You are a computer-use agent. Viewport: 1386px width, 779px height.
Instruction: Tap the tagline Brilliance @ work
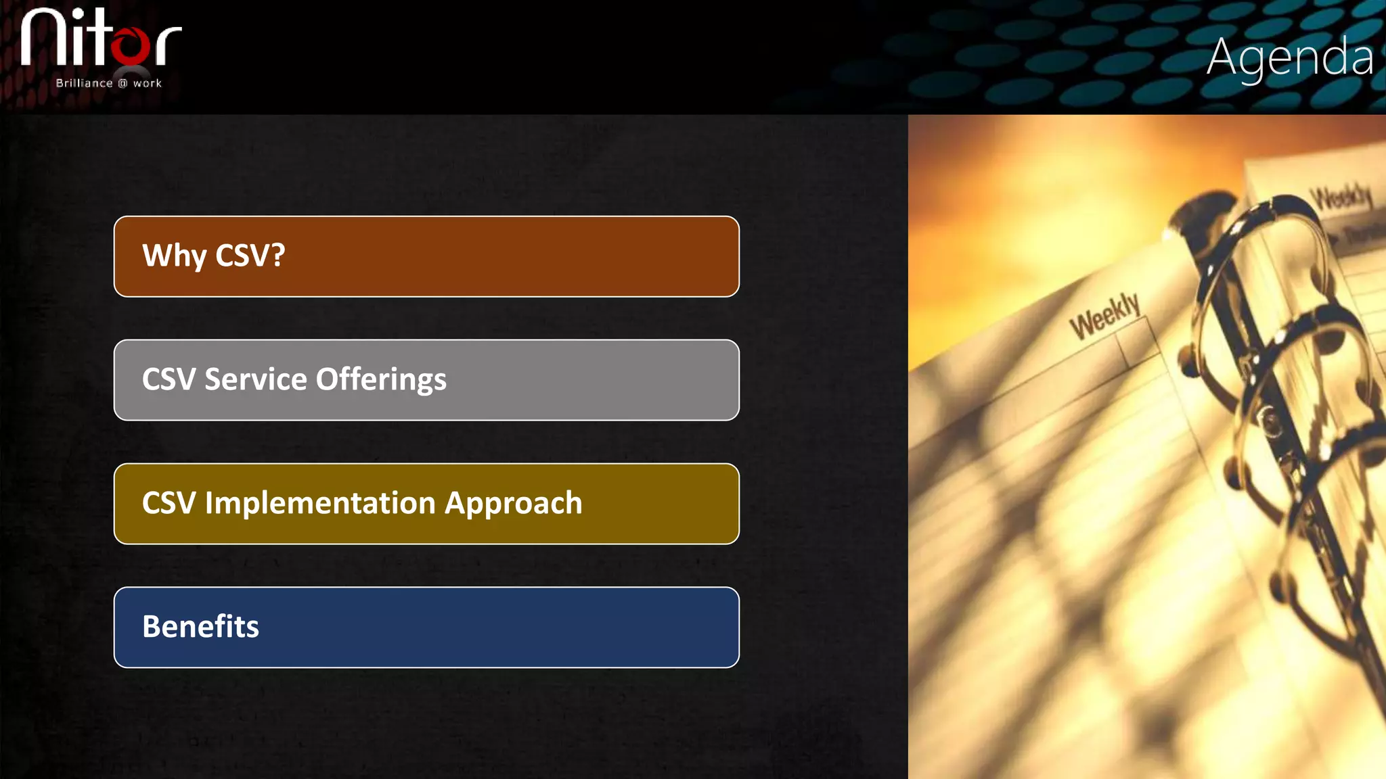tap(108, 83)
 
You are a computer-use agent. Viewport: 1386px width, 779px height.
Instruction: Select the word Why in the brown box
tap(174, 256)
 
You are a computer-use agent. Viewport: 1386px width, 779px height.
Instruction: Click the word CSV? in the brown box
tap(250, 256)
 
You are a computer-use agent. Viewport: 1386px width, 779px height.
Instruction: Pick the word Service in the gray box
tap(256, 379)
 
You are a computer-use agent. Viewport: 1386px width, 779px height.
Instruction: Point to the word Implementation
tap(320, 503)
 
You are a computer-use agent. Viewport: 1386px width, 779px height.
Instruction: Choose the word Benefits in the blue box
tap(200, 627)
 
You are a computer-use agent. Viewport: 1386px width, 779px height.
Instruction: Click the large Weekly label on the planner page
tap(1104, 316)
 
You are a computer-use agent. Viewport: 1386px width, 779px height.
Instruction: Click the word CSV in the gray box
tap(169, 379)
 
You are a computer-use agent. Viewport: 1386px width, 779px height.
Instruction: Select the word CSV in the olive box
tap(169, 503)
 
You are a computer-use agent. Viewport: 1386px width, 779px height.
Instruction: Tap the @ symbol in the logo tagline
tap(122, 83)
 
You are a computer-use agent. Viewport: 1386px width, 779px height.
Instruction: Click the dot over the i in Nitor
tap(80, 14)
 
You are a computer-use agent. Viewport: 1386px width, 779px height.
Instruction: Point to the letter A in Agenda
tap(1222, 57)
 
